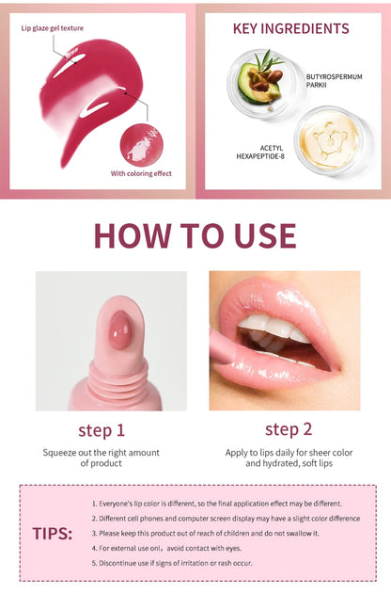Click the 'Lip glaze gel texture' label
[53, 28]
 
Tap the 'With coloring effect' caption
[142, 173]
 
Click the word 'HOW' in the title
[133, 235]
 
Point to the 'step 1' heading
[102, 430]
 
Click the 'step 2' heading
[289, 429]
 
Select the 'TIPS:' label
[52, 533]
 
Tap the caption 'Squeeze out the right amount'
[101, 452]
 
